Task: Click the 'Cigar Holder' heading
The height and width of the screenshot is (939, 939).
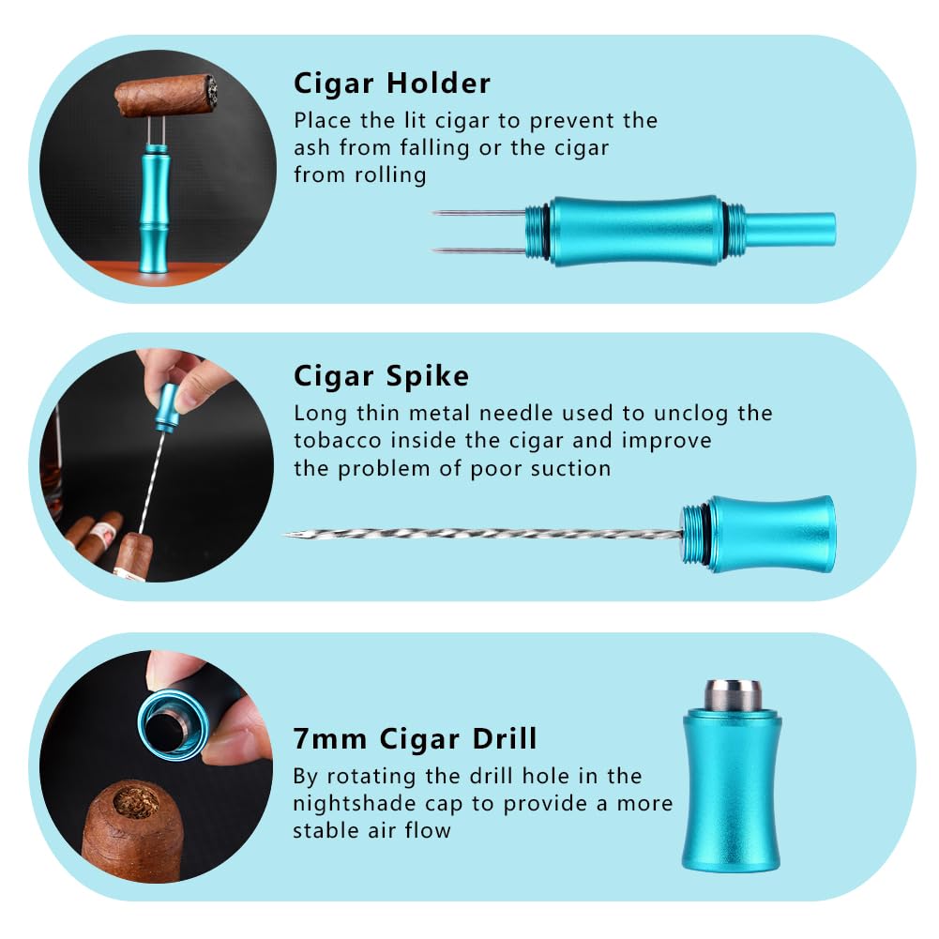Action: pyautogui.click(x=392, y=83)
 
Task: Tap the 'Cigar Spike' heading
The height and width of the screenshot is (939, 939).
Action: pyautogui.click(x=382, y=377)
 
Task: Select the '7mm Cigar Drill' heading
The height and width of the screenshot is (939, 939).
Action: pyautogui.click(x=415, y=738)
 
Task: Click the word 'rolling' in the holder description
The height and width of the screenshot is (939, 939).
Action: pyautogui.click(x=390, y=175)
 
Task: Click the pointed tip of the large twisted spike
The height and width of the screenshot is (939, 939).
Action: pyautogui.click(x=285, y=534)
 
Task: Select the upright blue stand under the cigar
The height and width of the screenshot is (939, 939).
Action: pyautogui.click(x=153, y=209)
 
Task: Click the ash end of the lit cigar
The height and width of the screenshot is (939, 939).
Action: pyautogui.click(x=210, y=91)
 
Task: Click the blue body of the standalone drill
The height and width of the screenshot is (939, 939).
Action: pyautogui.click(x=731, y=791)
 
